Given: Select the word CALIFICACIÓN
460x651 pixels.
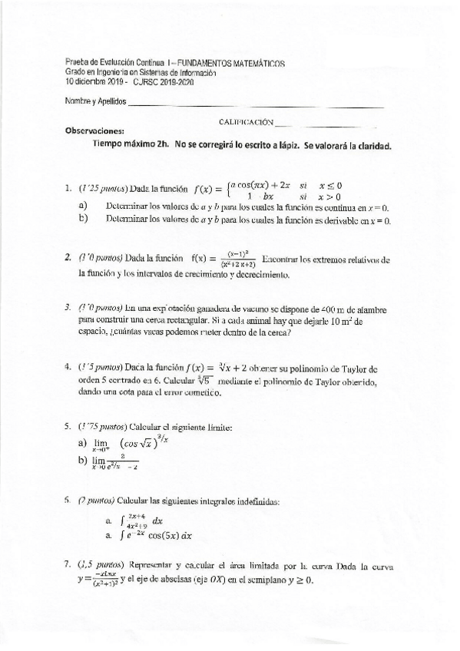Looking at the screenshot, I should coord(246,121).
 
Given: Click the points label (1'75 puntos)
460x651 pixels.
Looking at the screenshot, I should coord(104,426).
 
